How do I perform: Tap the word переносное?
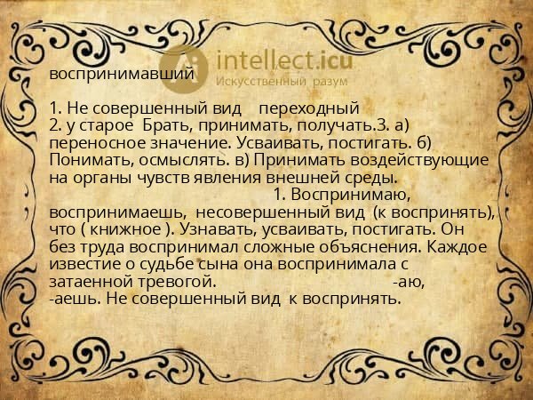[x=97, y=142]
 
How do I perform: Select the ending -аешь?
[x=71, y=298]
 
